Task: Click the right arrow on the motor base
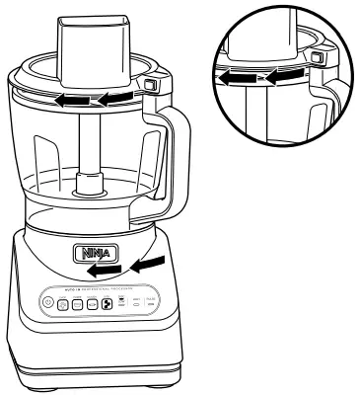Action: point(148,263)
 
